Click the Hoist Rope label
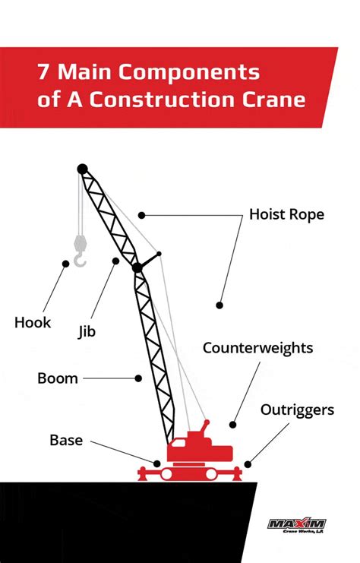pos(286,215)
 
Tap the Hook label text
pos(33,323)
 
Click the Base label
pos(66,440)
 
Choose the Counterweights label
pos(257,348)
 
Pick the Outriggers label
pos(297,410)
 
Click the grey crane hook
pos(79,253)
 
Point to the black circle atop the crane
pos(82,169)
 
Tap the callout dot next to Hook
pos(66,264)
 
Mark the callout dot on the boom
pos(138,377)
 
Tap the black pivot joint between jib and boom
pos(137,267)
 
